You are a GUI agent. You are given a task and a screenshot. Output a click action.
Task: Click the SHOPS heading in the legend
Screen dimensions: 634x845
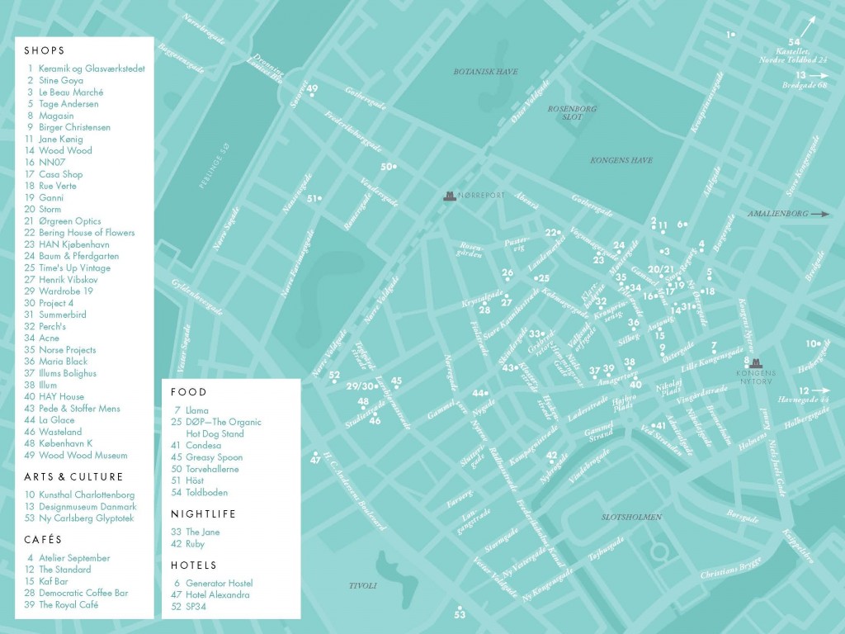[45, 50]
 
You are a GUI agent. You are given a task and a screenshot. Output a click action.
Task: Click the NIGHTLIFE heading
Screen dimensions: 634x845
[203, 513]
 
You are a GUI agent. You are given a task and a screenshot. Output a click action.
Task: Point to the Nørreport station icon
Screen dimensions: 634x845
[450, 196]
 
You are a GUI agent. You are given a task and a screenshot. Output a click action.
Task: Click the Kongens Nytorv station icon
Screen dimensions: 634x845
[754, 362]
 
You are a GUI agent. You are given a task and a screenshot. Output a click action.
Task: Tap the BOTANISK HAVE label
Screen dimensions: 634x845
[485, 72]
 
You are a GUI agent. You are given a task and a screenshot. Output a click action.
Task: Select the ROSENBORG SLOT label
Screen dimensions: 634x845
[572, 113]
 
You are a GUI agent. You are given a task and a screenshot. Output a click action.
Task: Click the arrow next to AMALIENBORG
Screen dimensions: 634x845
[821, 214]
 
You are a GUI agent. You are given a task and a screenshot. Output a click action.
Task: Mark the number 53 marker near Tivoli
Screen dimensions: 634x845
[459, 614]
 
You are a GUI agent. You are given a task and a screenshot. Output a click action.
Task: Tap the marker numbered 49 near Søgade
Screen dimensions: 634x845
[312, 89]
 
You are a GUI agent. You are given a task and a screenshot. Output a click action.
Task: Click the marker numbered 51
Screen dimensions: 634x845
[313, 198]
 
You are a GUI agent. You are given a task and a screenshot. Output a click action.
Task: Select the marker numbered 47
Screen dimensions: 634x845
[314, 459]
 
